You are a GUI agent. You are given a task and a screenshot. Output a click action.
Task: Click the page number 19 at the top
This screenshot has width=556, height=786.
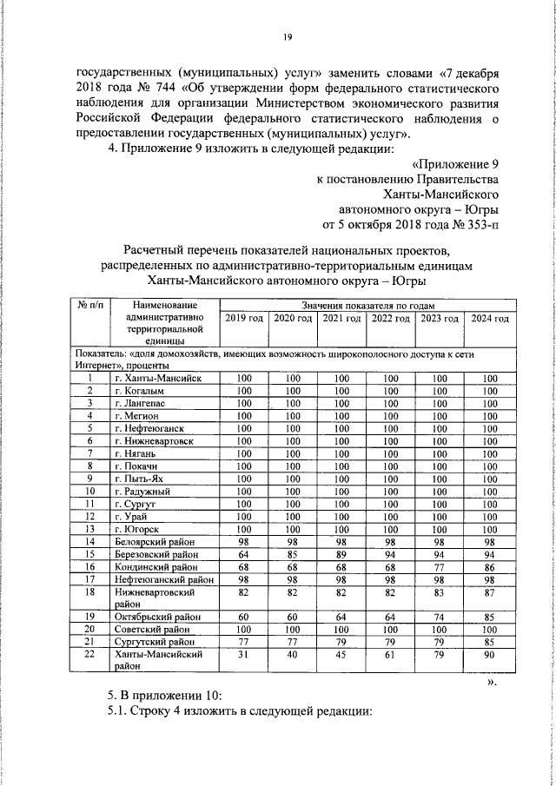click(x=286, y=36)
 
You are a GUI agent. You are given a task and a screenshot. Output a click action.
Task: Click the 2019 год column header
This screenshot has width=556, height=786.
click(x=244, y=320)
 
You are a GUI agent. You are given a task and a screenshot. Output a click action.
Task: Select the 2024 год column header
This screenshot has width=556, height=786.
click(x=489, y=320)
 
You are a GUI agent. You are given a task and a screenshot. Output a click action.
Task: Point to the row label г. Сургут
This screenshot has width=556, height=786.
click(x=140, y=504)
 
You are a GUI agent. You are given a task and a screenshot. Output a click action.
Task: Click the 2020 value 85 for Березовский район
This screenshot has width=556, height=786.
click(x=292, y=553)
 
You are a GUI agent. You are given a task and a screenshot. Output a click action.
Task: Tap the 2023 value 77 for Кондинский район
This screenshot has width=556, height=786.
click(x=439, y=566)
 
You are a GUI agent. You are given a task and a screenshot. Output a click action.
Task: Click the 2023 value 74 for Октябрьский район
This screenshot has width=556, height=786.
click(x=439, y=617)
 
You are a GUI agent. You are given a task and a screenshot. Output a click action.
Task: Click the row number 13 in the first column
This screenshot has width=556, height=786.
click(x=89, y=529)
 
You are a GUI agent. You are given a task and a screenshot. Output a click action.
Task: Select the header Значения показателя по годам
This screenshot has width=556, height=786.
click(x=369, y=307)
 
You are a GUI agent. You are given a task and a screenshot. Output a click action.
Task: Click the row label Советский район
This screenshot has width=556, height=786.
click(x=152, y=629)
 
